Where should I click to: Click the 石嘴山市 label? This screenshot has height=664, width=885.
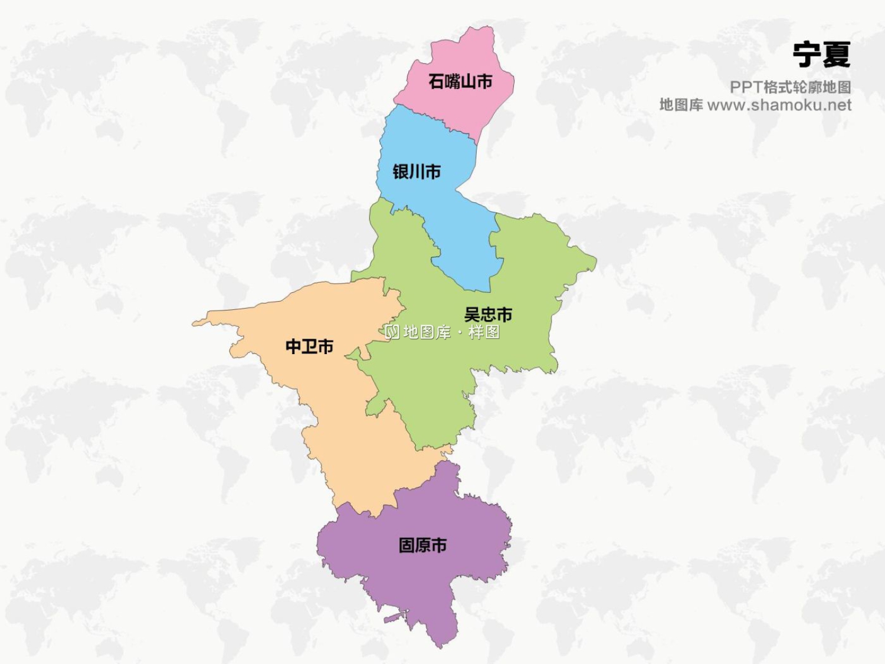pyautogui.click(x=460, y=81)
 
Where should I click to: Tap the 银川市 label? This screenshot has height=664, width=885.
pyautogui.click(x=417, y=172)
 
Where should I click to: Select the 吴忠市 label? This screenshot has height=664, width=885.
pyautogui.click(x=488, y=314)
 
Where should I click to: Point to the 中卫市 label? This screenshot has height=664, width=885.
pyautogui.click(x=309, y=346)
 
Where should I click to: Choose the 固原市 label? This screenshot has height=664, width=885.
pyautogui.click(x=422, y=545)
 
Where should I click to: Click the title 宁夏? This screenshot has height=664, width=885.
pyautogui.click(x=821, y=54)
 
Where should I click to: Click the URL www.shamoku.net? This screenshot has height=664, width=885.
pyautogui.click(x=779, y=105)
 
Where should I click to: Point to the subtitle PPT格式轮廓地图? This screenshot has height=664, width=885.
pyautogui.click(x=790, y=87)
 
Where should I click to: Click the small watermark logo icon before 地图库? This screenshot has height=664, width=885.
pyautogui.click(x=392, y=332)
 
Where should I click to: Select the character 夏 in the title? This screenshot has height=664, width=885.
pyautogui.click(x=836, y=54)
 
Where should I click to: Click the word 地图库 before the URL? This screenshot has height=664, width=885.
pyautogui.click(x=681, y=105)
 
